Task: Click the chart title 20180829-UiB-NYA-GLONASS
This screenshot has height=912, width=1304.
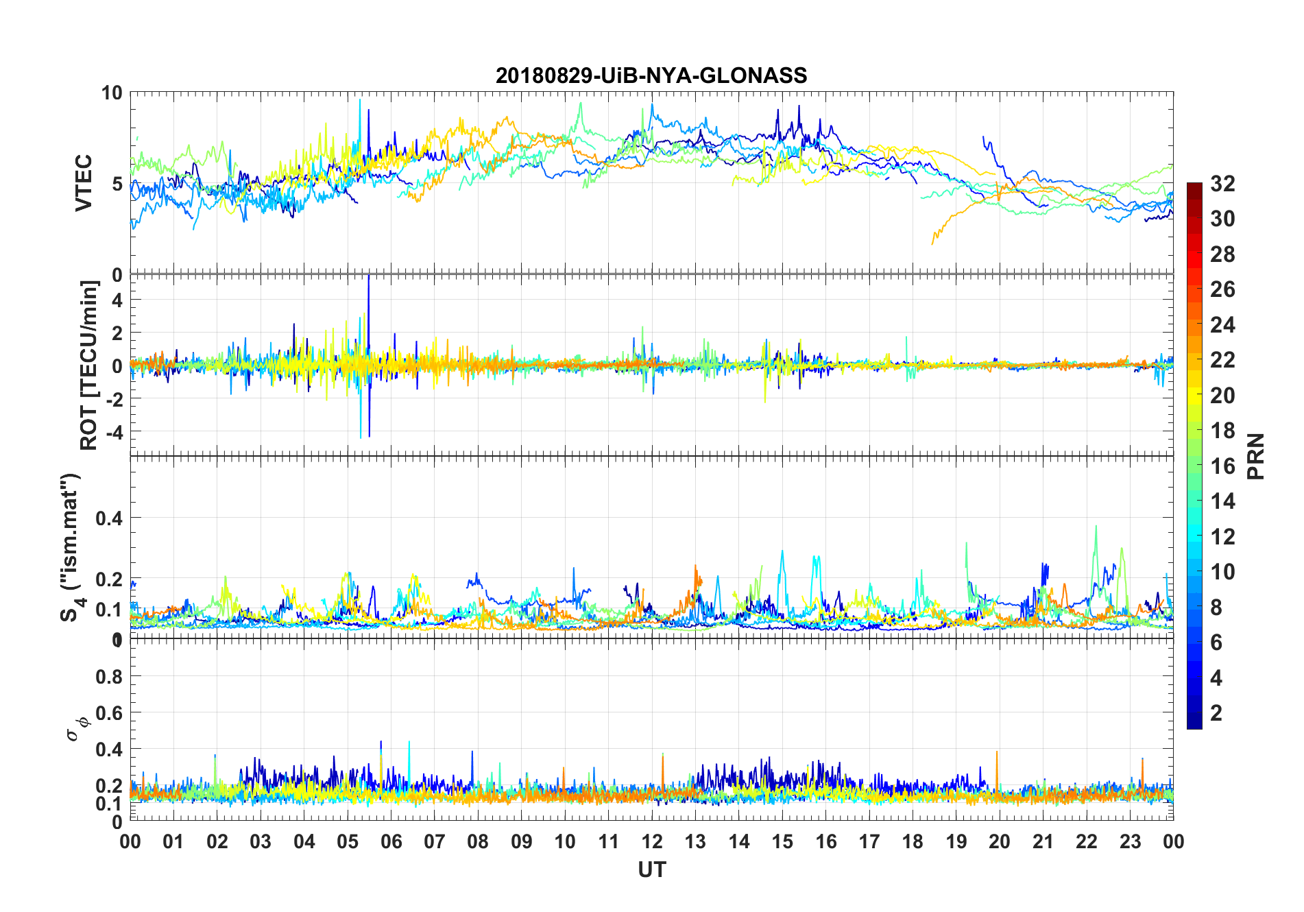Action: click(x=651, y=75)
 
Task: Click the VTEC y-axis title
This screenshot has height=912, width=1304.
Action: click(x=83, y=183)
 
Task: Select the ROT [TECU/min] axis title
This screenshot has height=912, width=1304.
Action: click(x=88, y=365)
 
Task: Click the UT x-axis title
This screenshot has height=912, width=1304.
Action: click(x=651, y=870)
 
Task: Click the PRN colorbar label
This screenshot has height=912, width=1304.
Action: click(x=1255, y=456)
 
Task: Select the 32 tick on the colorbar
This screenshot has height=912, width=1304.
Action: click(x=1222, y=184)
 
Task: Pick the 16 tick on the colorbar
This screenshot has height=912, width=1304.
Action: click(x=1222, y=466)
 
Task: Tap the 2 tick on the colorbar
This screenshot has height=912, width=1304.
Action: click(x=1216, y=713)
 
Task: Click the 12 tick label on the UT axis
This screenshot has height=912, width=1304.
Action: click(x=652, y=841)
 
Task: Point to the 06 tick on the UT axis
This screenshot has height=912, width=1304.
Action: click(x=391, y=841)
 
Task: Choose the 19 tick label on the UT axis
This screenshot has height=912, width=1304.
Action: click(x=956, y=841)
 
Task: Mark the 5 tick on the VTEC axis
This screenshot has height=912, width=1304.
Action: click(x=117, y=184)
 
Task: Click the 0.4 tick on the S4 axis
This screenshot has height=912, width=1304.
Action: click(x=109, y=518)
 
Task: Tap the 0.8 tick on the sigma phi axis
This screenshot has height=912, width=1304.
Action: click(x=109, y=677)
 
